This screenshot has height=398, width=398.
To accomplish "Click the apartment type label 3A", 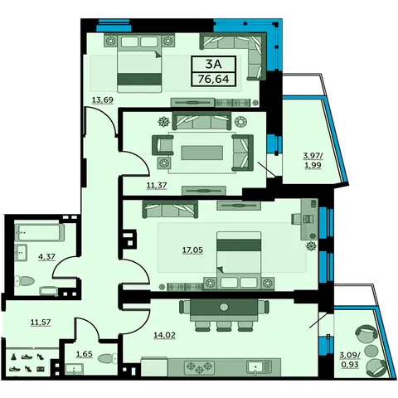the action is click(214, 65).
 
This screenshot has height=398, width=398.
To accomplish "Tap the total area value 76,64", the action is click(214, 79).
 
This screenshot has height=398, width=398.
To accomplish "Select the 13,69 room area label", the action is click(103, 99).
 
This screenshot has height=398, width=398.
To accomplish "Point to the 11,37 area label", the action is click(157, 185).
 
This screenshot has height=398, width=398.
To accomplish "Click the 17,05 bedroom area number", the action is click(192, 250).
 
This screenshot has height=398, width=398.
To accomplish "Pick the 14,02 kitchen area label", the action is click(164, 335).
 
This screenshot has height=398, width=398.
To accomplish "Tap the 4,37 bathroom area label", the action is click(46, 257).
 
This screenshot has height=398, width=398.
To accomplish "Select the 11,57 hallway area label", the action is click(41, 323).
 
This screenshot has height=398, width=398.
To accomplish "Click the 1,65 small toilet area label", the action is click(85, 354).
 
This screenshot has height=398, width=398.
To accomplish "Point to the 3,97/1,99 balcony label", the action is click(313, 161).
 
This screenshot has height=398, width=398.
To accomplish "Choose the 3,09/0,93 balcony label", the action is click(350, 360).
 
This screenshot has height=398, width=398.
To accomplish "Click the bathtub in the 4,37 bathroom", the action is click(39, 232).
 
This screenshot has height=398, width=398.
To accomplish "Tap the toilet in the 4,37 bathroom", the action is click(25, 281).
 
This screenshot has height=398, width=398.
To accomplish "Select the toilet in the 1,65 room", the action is click(108, 358).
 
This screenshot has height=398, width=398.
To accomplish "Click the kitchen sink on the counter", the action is click(259, 367).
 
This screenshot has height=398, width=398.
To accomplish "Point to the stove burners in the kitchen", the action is click(199, 367).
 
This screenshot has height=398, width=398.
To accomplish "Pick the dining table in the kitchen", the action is click(224, 307).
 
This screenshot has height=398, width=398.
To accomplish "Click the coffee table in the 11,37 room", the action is click(202, 153).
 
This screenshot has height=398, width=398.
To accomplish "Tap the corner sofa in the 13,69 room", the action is click(234, 56).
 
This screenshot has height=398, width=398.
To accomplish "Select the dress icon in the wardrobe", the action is click(13, 357).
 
